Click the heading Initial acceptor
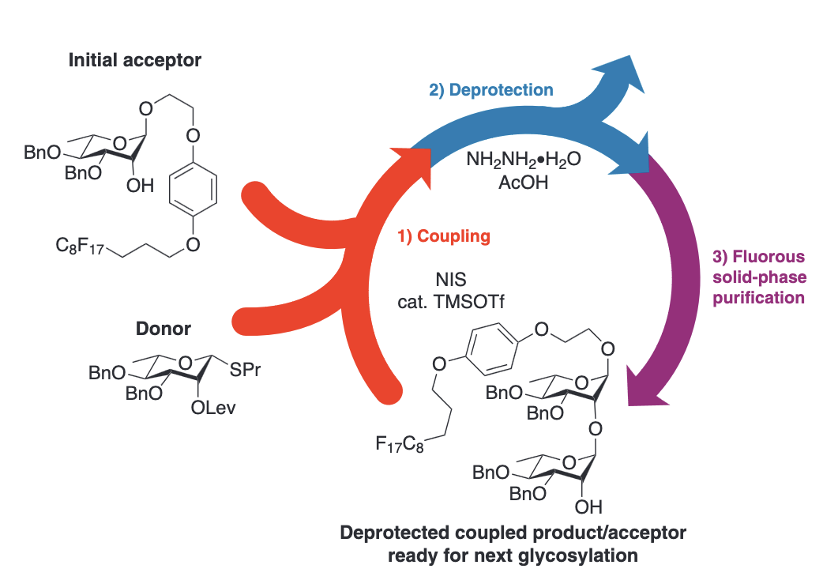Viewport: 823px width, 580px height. [x=135, y=60]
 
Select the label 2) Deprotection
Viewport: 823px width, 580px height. [x=490, y=89]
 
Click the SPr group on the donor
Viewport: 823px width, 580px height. [x=244, y=370]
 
